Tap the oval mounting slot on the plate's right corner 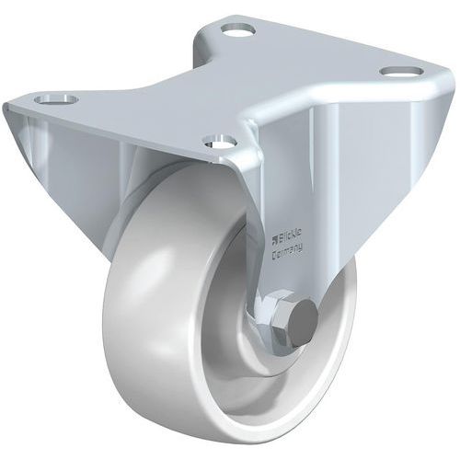(x=396, y=72)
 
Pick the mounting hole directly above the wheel (x=220, y=142)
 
